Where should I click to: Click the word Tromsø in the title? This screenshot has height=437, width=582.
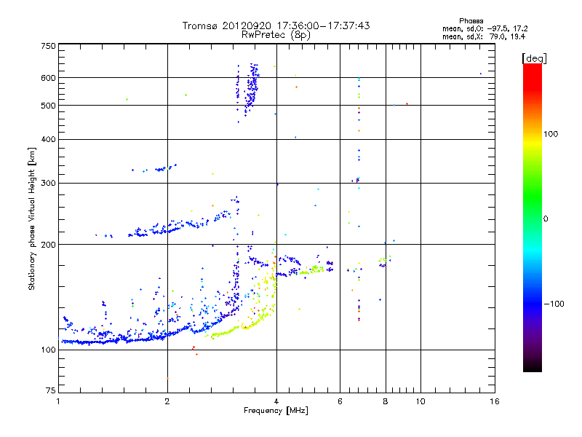[200, 25]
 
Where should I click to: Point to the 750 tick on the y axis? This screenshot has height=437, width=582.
[48, 46]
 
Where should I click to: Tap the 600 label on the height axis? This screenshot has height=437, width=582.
[48, 78]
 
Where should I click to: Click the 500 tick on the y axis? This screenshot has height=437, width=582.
[48, 106]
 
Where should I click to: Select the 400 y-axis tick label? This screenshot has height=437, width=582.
[48, 140]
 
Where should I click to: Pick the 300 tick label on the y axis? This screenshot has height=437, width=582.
[48, 184]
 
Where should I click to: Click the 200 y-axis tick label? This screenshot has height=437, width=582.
[48, 245]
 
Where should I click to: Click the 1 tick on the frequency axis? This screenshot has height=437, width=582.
[58, 402]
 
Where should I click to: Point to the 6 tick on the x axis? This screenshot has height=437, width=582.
[340, 402]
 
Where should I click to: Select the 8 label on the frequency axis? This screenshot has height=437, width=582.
[386, 402]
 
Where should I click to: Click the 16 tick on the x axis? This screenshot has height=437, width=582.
[494, 402]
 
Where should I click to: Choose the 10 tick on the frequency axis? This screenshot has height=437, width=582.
[420, 402]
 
